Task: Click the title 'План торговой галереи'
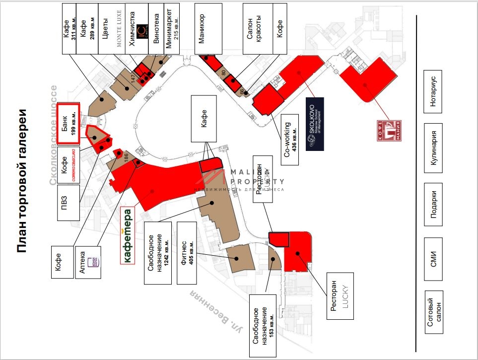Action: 23,180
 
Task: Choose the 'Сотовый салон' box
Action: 433,312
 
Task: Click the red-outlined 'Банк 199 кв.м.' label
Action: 68,124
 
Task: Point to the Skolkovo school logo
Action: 315,124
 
